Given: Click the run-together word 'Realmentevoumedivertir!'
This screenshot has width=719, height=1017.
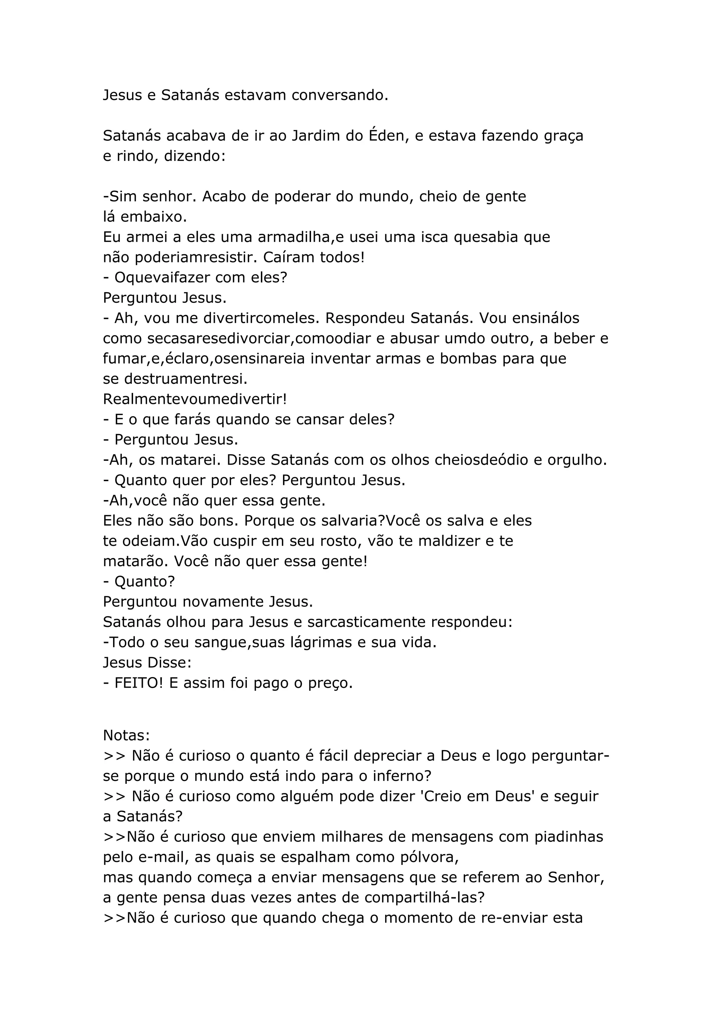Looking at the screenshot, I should coord(195,399).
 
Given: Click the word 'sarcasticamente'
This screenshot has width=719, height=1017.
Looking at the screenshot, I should coord(366,622).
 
